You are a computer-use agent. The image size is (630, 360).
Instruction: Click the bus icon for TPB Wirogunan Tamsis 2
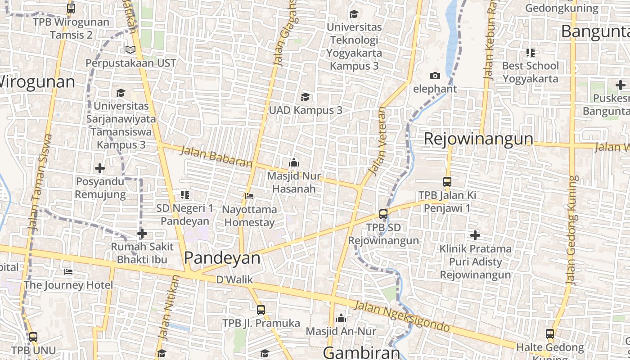[x=71, y=8]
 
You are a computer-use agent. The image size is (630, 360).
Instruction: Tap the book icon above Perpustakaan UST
[x=130, y=49]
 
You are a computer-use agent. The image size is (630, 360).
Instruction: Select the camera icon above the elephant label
[x=435, y=76]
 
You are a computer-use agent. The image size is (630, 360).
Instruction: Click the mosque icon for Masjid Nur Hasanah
[x=294, y=162]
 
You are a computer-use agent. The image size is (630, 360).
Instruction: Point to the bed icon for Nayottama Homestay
[x=249, y=196]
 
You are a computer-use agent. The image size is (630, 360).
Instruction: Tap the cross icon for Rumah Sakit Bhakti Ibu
[x=142, y=234]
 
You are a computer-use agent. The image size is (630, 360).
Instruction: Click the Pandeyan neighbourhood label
[x=222, y=258]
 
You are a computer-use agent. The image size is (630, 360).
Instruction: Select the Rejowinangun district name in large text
[x=478, y=139]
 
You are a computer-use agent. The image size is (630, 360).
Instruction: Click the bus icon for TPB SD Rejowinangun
[x=383, y=214]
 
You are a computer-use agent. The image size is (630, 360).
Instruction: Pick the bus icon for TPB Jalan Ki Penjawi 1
[x=447, y=182]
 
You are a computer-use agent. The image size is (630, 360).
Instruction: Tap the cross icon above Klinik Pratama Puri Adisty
[x=475, y=235]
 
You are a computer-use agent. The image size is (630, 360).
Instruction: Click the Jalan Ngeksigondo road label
[x=402, y=316]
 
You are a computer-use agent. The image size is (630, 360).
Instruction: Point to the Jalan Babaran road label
[x=216, y=157]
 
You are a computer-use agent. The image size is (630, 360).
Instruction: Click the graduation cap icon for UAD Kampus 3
[x=306, y=97]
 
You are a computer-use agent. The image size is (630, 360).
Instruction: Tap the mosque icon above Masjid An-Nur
[x=341, y=318]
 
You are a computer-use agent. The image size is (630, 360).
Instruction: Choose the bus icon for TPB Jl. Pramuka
[x=261, y=310]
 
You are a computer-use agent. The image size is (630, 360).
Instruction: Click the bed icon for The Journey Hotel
[x=68, y=272]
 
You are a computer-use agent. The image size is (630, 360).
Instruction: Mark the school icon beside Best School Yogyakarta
[x=531, y=53]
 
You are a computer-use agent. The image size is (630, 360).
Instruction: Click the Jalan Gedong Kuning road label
[x=572, y=229]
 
